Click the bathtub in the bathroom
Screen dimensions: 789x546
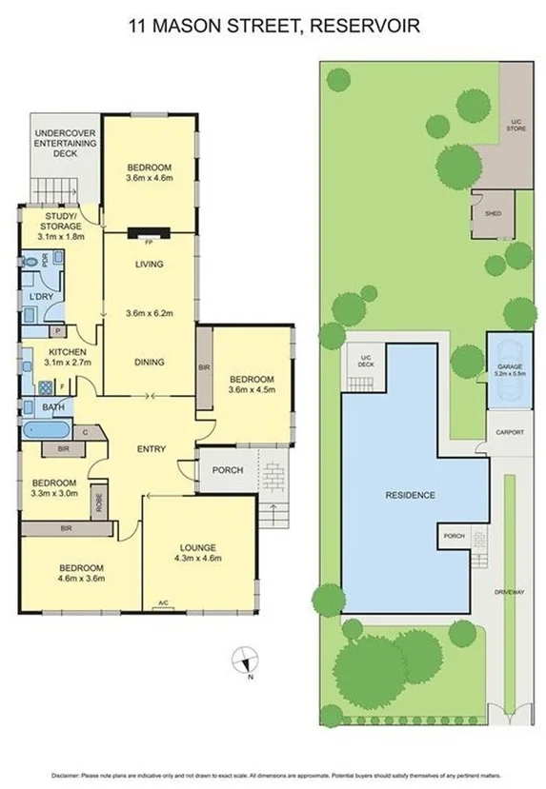pyautogui.click(x=47, y=429)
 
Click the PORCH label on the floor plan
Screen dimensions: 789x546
pyautogui.click(x=228, y=470)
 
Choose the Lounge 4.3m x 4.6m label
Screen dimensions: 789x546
pyautogui.click(x=198, y=553)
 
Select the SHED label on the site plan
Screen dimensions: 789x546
pyautogui.click(x=493, y=214)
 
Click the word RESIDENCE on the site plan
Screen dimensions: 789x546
pyautogui.click(x=410, y=495)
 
